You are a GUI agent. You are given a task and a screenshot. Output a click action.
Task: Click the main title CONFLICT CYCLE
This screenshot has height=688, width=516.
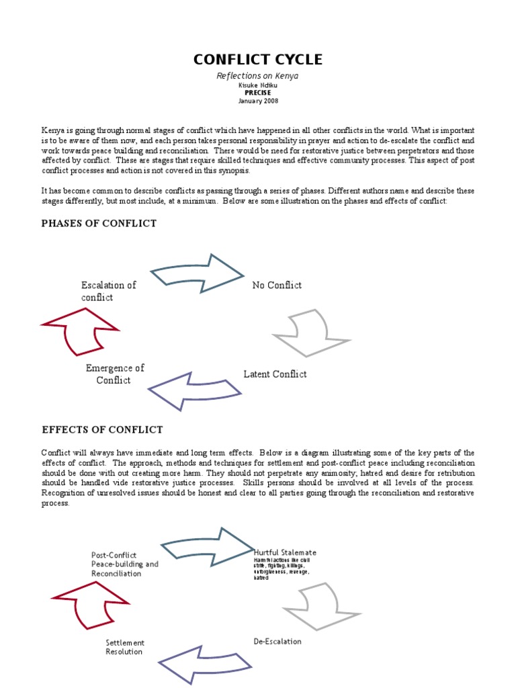258,60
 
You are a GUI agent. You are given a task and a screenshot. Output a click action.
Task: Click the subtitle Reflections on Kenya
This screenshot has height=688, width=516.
257,76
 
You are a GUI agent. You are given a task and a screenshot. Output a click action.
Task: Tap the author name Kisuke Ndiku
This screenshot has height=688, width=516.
257,86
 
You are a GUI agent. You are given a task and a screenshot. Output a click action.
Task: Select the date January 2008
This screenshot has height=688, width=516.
257,101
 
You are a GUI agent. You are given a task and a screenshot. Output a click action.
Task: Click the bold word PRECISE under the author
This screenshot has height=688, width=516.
257,93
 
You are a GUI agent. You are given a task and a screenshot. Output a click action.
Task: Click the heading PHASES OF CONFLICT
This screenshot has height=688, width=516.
99,223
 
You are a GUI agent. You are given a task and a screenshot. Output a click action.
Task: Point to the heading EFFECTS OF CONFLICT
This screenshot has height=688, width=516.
102,429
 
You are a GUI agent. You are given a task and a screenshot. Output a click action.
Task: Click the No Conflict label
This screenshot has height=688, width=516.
277,285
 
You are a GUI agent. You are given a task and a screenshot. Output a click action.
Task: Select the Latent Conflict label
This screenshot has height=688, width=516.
275,374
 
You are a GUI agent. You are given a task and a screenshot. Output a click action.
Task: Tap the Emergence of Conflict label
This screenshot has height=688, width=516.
114,374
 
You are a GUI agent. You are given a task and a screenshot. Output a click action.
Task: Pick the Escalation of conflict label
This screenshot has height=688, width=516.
107,291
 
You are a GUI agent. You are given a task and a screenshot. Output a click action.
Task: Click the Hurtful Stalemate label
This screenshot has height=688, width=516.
286,552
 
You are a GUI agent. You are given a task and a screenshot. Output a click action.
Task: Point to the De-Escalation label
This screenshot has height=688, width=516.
277,641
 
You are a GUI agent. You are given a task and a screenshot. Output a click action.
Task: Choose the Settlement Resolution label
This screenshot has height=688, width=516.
125,647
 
